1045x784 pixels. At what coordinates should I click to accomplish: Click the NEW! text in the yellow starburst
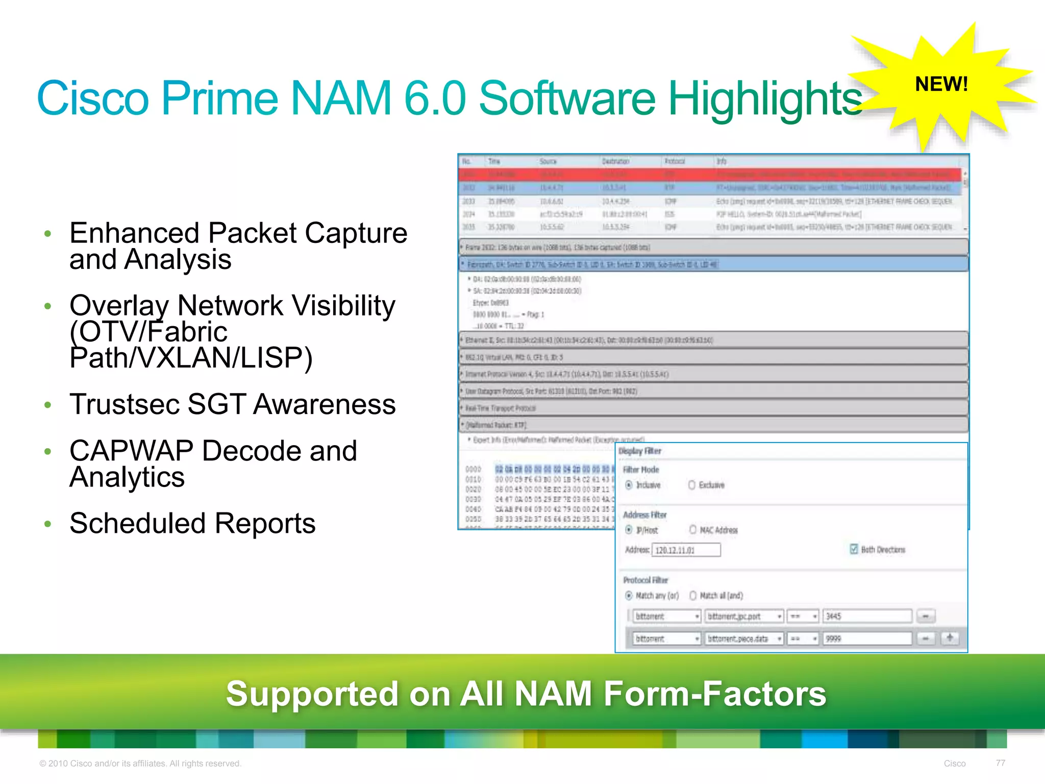coord(941,84)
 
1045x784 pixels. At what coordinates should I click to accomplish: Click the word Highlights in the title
coord(765,99)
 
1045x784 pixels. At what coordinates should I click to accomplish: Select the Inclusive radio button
coord(629,485)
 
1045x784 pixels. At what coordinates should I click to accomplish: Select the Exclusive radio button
coord(692,485)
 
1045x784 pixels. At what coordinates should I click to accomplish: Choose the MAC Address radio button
coord(693,530)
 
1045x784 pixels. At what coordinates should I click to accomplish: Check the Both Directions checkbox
coord(854,549)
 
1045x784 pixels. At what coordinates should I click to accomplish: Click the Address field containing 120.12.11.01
coord(686,550)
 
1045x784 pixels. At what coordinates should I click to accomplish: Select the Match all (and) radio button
coord(693,596)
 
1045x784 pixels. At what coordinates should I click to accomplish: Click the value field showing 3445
coord(867,617)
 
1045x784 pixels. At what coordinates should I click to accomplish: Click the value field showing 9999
coord(867,639)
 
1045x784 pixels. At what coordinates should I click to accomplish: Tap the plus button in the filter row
coord(950,638)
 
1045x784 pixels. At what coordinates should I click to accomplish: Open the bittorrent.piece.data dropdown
coord(744,639)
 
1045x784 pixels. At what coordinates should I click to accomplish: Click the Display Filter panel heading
coord(640,451)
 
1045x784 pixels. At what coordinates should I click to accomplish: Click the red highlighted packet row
coord(709,175)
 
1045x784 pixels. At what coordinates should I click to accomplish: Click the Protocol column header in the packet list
coord(675,161)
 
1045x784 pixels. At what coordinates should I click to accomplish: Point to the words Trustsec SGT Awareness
coord(233,404)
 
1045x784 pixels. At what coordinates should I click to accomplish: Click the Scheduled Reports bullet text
coord(193,523)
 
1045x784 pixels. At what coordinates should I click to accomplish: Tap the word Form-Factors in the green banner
coord(714,694)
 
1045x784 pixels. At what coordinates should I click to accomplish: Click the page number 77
coord(1000,763)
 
